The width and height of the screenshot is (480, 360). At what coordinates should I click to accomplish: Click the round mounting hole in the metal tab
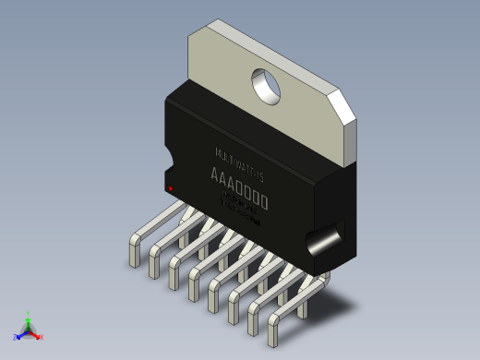tap(268, 85)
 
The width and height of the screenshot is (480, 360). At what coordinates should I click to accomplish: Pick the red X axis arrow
tap(37, 334)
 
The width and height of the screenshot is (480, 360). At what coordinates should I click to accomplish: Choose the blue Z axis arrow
tap(21, 334)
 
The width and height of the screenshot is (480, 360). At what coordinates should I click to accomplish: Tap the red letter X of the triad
tap(42, 337)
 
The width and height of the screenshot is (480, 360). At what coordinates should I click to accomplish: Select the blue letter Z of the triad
tap(16, 337)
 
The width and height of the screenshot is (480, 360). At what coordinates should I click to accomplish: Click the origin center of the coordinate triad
tap(29, 330)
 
